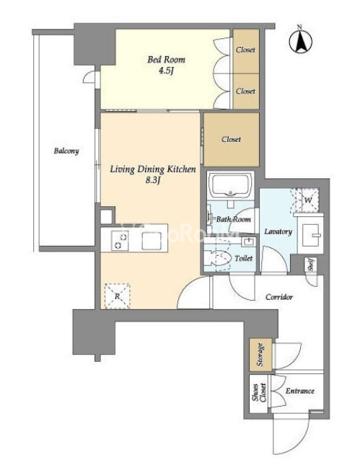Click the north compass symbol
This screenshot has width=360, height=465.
(x=300, y=41)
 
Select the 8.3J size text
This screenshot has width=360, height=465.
(x=153, y=180)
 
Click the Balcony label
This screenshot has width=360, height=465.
(x=66, y=151)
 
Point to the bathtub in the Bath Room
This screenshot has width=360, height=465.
(x=231, y=184)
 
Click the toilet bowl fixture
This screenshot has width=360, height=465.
(x=219, y=257)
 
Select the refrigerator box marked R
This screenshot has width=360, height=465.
(x=117, y=296)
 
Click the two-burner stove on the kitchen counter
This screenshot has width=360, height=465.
(x=120, y=241)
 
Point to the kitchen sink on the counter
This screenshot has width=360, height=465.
(x=152, y=241)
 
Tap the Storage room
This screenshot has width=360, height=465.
(x=260, y=355)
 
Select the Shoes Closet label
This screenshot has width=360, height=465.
(x=259, y=393)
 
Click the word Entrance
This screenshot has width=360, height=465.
(x=299, y=391)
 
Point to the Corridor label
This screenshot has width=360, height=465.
(x=279, y=297)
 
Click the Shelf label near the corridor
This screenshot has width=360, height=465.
(x=311, y=265)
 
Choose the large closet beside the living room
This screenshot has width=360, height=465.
(x=231, y=139)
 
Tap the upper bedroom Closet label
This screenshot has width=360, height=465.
(x=245, y=50)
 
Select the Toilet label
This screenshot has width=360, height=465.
(x=243, y=258)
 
